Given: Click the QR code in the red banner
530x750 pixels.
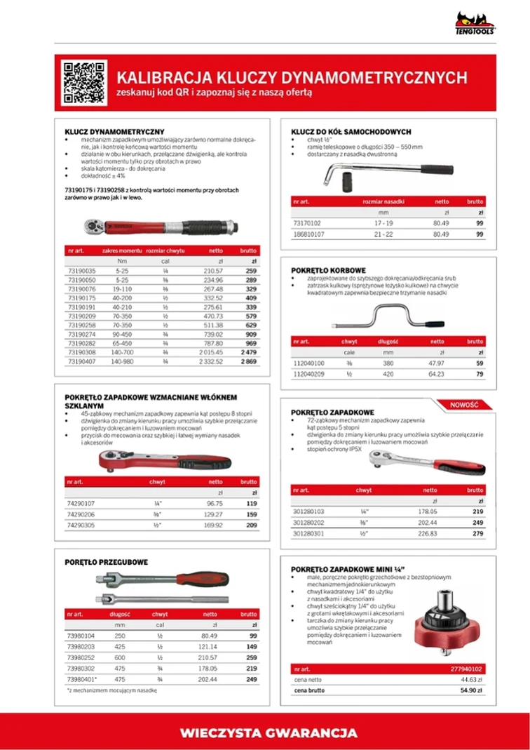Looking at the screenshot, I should coord(83,83).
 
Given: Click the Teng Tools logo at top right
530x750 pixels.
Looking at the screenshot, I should coord(476,24).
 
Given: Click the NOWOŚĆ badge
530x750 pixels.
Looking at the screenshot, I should coord(464,404).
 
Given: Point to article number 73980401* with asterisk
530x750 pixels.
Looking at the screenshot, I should coord(82,679).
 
